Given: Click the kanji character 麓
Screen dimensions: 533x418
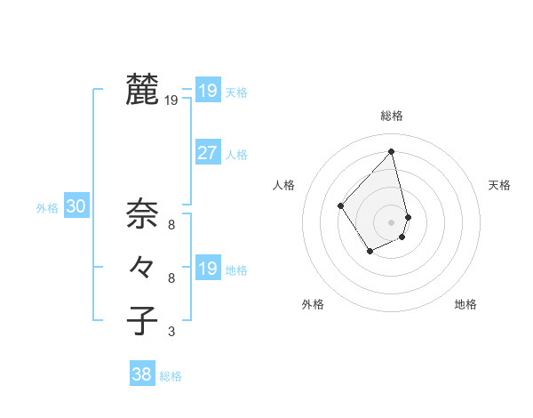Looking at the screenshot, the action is pos(142,90).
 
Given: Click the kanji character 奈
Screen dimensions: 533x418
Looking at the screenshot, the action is pos(142,213).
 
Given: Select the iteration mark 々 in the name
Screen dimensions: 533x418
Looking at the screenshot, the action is pos(142,266).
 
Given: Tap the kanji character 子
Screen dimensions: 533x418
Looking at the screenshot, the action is pos(142,320).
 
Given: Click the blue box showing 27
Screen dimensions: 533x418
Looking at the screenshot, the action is pos(207,153).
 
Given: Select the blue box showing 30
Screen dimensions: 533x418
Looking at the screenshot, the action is pos(76,207).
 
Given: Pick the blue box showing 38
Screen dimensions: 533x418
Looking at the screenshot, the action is pos(141,374).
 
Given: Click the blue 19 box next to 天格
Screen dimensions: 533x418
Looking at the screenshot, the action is pos(207,90).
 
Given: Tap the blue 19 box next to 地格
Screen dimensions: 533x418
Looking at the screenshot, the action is pos(207,268).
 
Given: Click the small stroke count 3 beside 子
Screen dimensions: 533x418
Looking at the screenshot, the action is pos(171,333).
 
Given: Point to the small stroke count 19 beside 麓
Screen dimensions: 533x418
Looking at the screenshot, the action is pos(171,101).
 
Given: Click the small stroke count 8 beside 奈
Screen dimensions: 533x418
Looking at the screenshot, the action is pos(171,225).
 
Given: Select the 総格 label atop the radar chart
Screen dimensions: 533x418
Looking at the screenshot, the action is pos(391,116).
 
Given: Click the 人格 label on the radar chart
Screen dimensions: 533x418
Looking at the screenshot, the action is pos(283,185).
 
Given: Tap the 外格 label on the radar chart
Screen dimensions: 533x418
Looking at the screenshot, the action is pos(313,304).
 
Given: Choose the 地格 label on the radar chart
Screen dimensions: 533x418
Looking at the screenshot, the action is pos(465,304).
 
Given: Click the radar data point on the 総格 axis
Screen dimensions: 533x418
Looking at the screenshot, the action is pos(391,151).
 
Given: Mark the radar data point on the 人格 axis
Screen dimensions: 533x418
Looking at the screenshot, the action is pos(341,205).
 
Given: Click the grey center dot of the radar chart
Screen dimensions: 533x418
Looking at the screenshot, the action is pos(391,221).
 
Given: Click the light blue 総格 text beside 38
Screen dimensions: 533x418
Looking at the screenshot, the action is pos(171,376).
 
